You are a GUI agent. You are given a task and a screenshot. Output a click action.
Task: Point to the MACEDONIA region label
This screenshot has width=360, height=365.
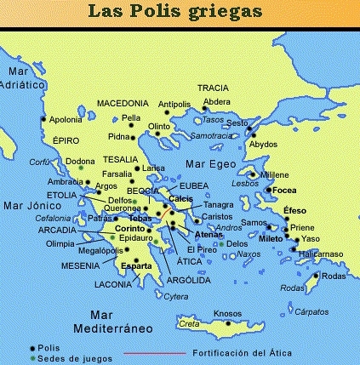click(123, 102)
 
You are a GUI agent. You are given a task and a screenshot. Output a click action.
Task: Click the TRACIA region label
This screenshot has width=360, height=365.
click(213, 88)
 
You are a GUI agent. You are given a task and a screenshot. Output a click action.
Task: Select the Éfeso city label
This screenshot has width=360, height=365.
click(294, 210)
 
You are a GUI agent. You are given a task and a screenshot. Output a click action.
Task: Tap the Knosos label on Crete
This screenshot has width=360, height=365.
click(227, 312)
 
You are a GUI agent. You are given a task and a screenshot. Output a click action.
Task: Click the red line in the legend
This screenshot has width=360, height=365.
click(153, 352)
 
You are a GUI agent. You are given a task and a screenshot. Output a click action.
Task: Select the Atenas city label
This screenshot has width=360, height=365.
click(208, 234)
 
